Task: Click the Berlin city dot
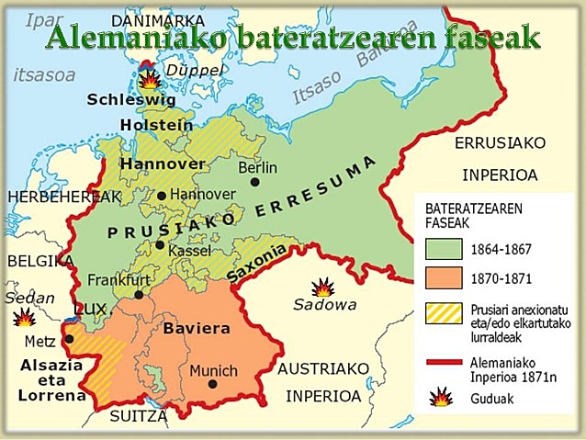[x=254, y=183]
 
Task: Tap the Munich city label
[x=213, y=371]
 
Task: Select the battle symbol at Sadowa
[x=321, y=288]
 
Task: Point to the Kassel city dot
[x=161, y=245]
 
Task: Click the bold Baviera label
[x=196, y=328]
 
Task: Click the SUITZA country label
[x=139, y=416]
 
